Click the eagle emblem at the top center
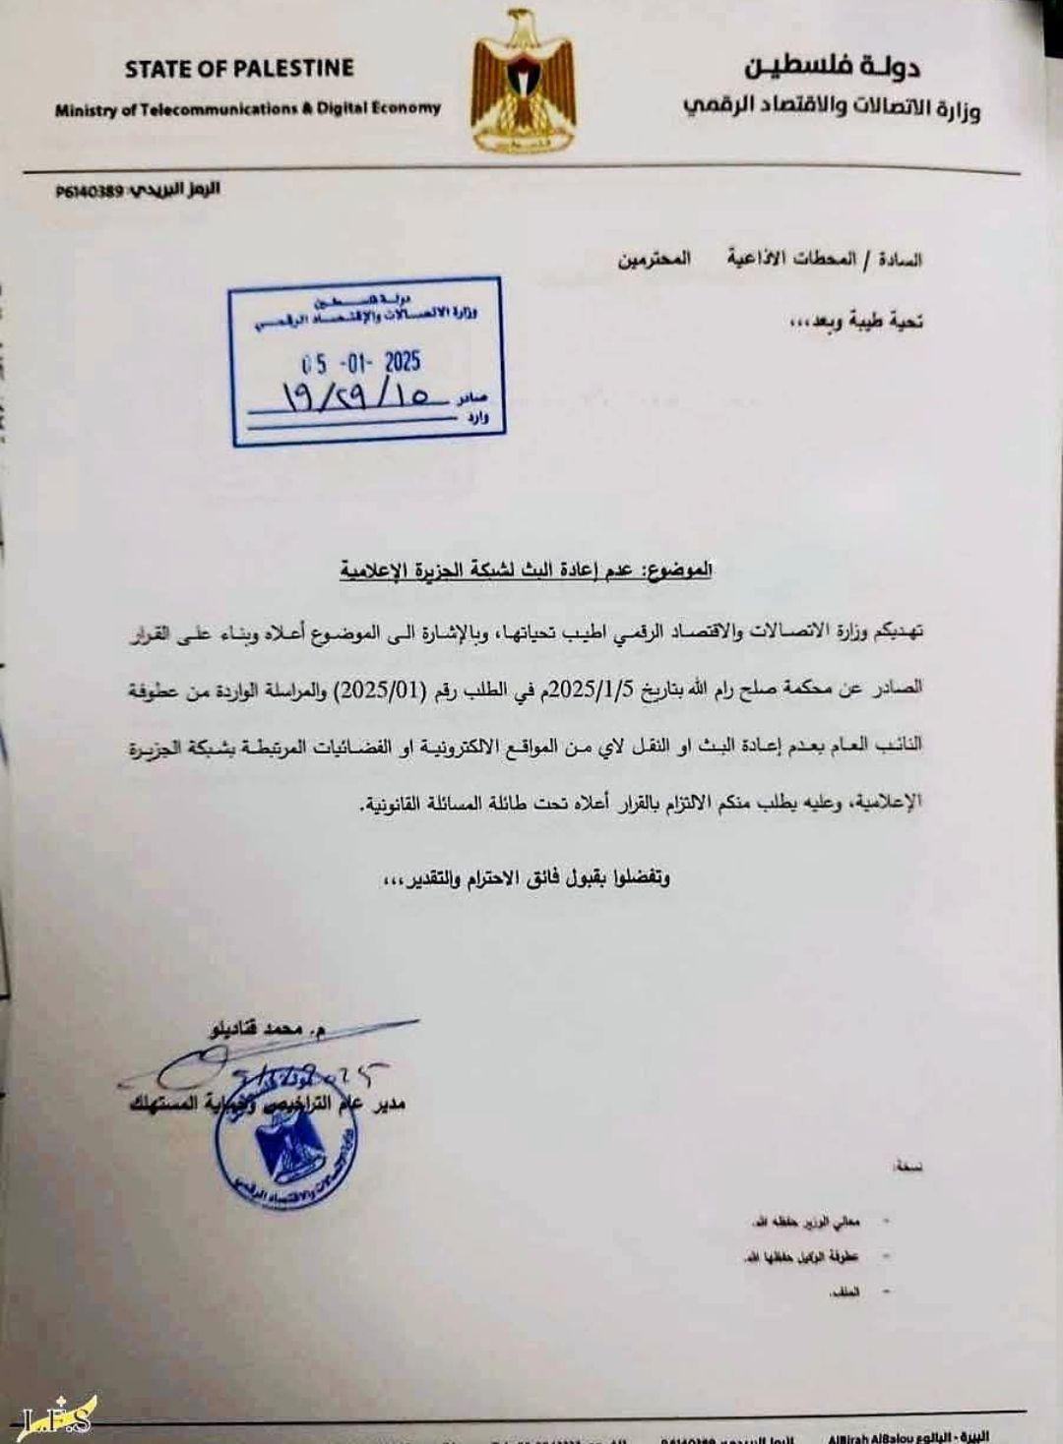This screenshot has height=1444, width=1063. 522,81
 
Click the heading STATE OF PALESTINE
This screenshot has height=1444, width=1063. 239,69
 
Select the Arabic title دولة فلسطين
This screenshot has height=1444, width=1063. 832,67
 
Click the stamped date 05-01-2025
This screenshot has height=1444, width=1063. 361,362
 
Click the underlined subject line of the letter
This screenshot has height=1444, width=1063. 526,570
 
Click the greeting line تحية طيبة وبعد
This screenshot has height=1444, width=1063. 856,321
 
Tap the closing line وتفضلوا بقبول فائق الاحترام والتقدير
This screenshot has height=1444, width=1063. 528,877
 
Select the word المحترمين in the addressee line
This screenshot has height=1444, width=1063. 655,260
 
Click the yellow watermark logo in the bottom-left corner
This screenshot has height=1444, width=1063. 59,1414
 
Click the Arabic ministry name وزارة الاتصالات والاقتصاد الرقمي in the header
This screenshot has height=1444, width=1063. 832,106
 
